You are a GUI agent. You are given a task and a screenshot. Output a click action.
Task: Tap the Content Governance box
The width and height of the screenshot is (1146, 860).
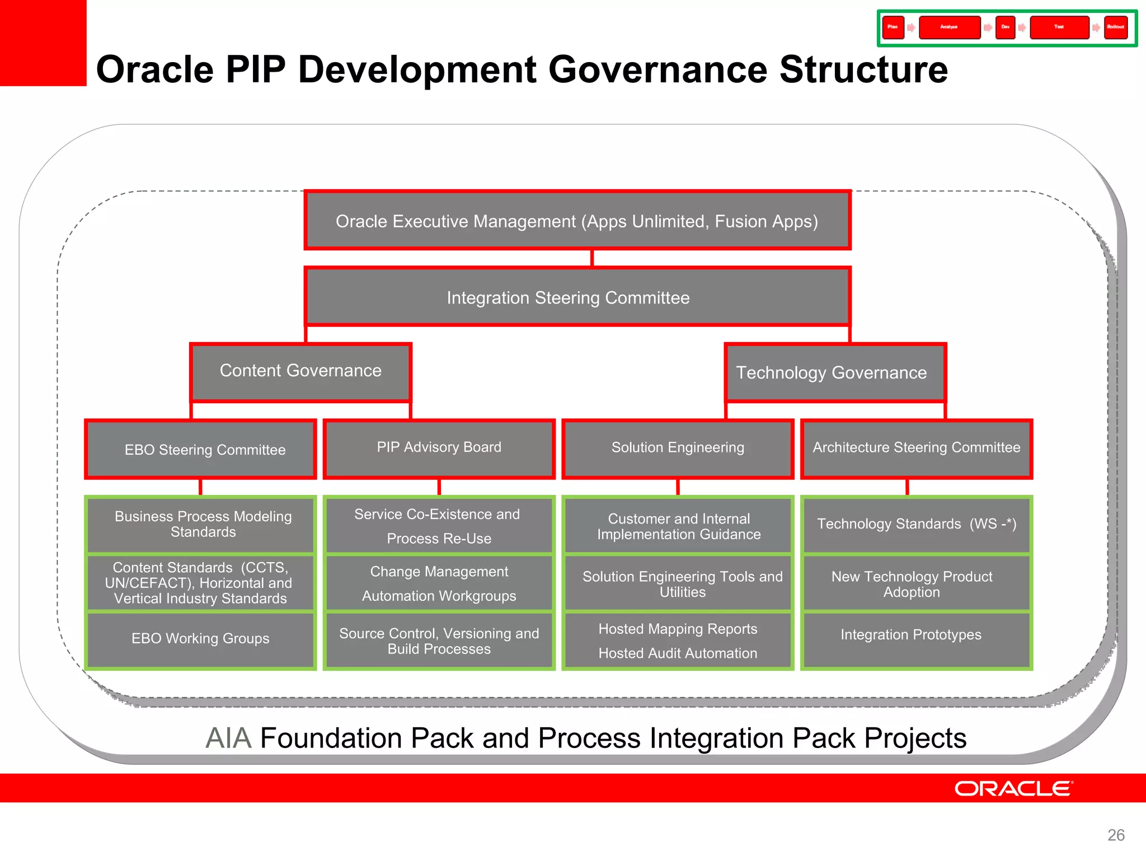pyautogui.click(x=300, y=371)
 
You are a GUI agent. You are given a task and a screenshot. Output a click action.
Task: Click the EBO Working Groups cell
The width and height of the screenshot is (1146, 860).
pyautogui.click(x=200, y=639)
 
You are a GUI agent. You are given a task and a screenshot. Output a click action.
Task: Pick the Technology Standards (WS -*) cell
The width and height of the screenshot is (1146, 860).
pyautogui.click(x=916, y=524)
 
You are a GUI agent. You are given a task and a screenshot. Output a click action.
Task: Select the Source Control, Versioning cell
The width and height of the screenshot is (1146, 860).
pyautogui.click(x=439, y=641)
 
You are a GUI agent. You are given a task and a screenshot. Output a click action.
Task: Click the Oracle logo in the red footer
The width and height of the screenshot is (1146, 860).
pyautogui.click(x=1013, y=788)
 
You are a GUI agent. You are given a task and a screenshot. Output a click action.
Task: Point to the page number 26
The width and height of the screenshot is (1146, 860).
pyautogui.click(x=1116, y=835)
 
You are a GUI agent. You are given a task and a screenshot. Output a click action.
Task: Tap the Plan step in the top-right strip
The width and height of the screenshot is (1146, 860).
pyautogui.click(x=893, y=27)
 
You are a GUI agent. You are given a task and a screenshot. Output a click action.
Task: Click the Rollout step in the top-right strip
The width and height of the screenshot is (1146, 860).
pyautogui.click(x=1115, y=27)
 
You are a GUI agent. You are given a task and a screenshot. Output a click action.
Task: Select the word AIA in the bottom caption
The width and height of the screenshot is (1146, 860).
pyautogui.click(x=228, y=738)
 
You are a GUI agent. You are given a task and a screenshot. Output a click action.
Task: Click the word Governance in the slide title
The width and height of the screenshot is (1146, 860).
pyautogui.click(x=657, y=70)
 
